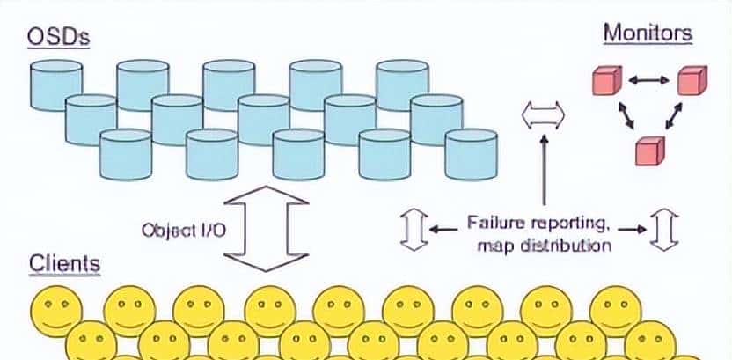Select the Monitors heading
point(648,33)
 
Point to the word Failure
point(495,222)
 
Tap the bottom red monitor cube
point(650,151)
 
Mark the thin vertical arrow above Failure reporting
point(544,172)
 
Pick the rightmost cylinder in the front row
point(472,154)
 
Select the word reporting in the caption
point(567,222)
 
